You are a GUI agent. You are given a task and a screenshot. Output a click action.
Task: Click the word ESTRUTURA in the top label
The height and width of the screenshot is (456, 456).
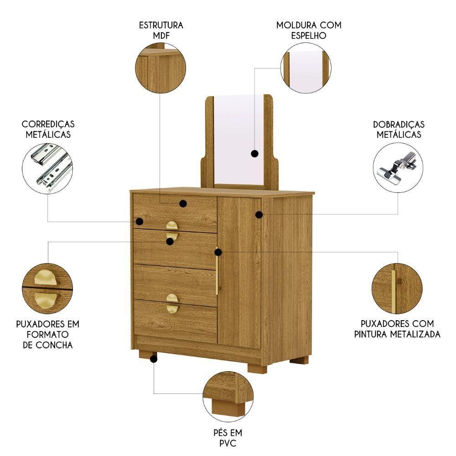[161, 25]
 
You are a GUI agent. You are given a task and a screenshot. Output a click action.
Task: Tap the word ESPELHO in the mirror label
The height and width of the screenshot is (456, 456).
[309, 35]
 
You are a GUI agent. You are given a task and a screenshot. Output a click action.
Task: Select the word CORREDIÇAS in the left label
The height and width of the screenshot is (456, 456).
[48, 124]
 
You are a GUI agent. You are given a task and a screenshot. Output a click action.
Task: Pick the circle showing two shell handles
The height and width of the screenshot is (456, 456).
[47, 289]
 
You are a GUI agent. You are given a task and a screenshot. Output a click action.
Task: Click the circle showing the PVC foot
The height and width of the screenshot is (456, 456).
[228, 396]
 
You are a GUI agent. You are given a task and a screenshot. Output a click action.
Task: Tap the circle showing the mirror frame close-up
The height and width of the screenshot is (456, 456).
[306, 69]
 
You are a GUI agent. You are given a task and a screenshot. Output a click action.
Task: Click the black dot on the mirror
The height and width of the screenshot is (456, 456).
[254, 154]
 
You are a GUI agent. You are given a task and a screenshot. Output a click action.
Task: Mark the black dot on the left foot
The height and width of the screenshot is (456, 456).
[154, 359]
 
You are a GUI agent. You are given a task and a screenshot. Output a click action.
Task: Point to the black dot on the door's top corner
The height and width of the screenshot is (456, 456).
[259, 214]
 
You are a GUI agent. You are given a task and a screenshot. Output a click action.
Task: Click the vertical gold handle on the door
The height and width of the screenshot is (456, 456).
[217, 272]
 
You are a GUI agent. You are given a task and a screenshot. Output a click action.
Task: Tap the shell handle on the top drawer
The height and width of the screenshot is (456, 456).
[172, 225]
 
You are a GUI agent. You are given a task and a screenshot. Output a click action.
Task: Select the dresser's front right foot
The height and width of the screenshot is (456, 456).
[257, 368]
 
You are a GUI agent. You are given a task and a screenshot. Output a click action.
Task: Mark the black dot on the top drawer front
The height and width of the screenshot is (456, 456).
[183, 203]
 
